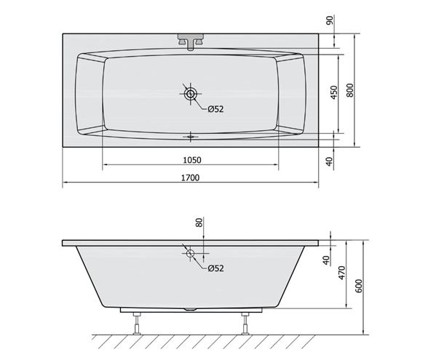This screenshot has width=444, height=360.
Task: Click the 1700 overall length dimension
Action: [x=190, y=177]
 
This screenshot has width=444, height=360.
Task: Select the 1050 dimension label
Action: [x=192, y=160]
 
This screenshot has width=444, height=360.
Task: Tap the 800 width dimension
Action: [x=350, y=91]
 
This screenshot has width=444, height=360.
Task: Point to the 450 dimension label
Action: [x=334, y=92]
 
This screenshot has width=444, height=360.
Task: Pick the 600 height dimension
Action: [x=359, y=286]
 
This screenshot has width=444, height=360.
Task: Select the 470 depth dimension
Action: [x=342, y=273]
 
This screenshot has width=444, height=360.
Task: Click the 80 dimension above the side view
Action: [x=199, y=223]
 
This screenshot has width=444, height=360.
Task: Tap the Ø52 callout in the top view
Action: [x=215, y=109]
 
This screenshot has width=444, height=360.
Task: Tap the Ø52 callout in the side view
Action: [x=215, y=268]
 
